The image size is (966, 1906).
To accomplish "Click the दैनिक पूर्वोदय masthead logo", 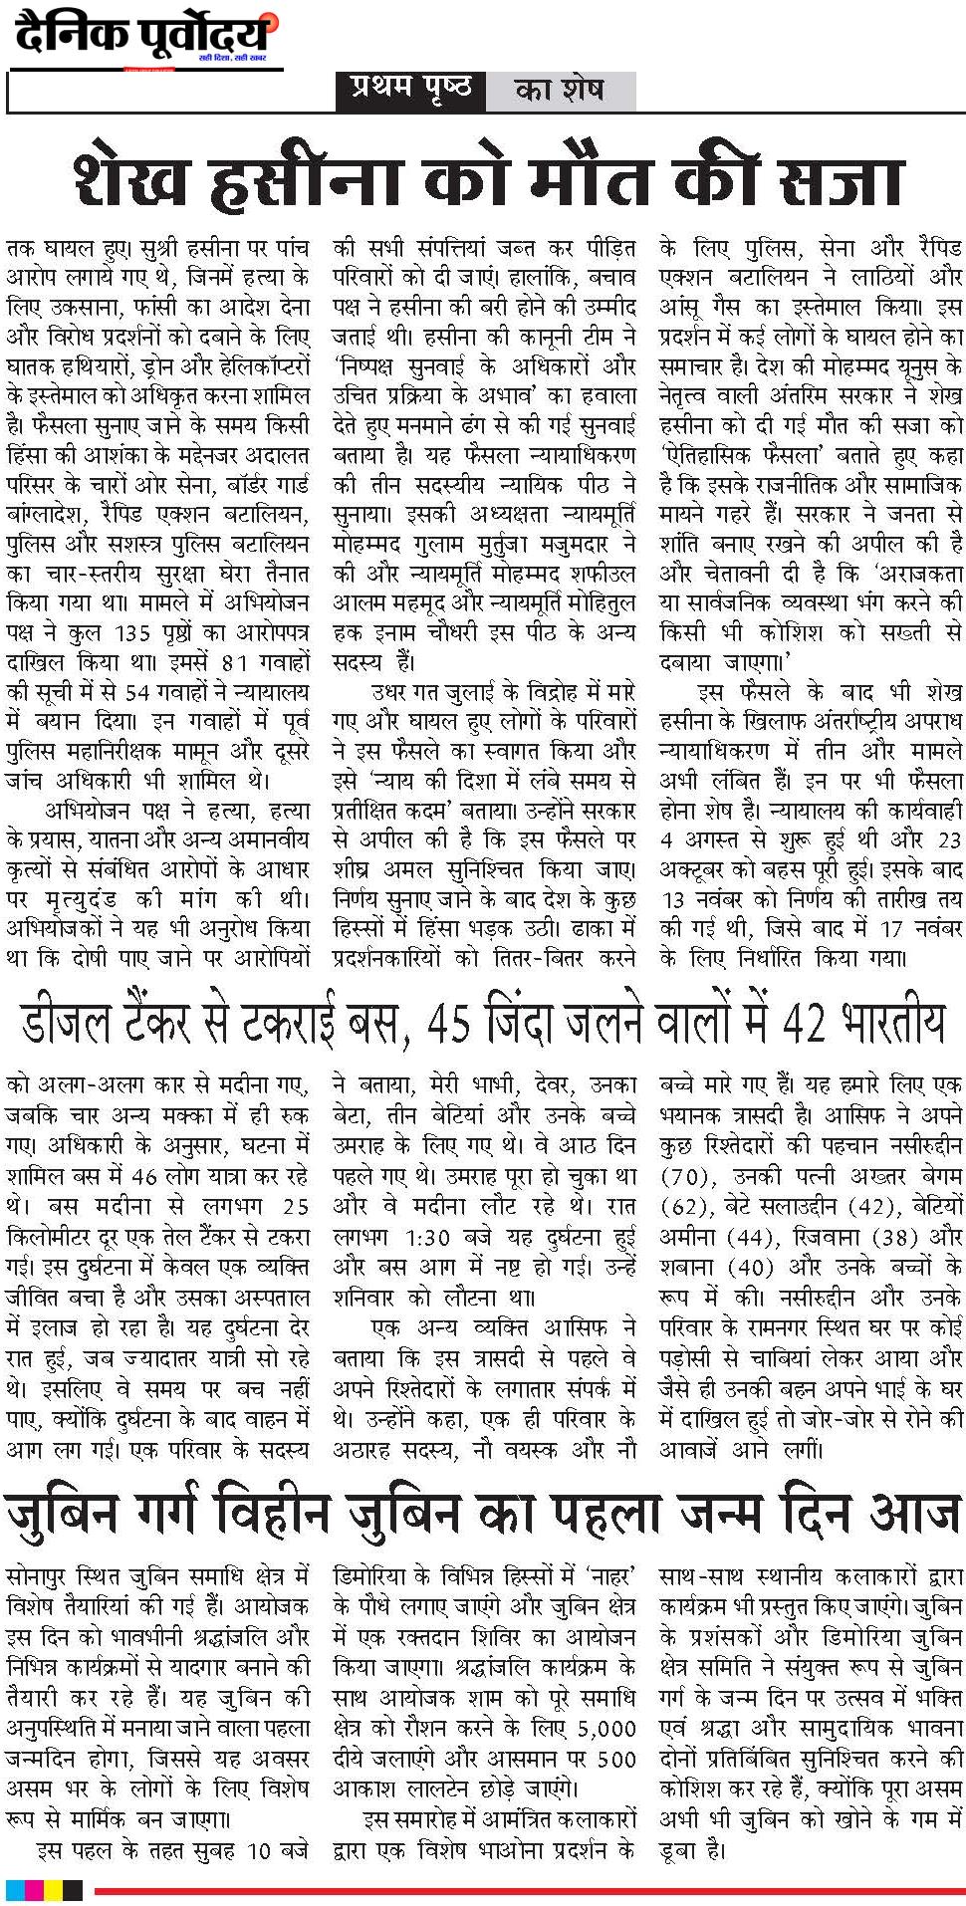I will [x=145, y=37].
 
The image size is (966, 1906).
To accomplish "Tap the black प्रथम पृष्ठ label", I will [x=410, y=90].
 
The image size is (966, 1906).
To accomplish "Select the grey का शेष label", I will [x=559, y=91].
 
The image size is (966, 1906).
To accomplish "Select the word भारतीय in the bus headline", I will [x=890, y=1023].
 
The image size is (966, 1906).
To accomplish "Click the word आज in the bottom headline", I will [x=913, y=1514].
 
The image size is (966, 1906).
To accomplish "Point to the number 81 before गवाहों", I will [x=234, y=663].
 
